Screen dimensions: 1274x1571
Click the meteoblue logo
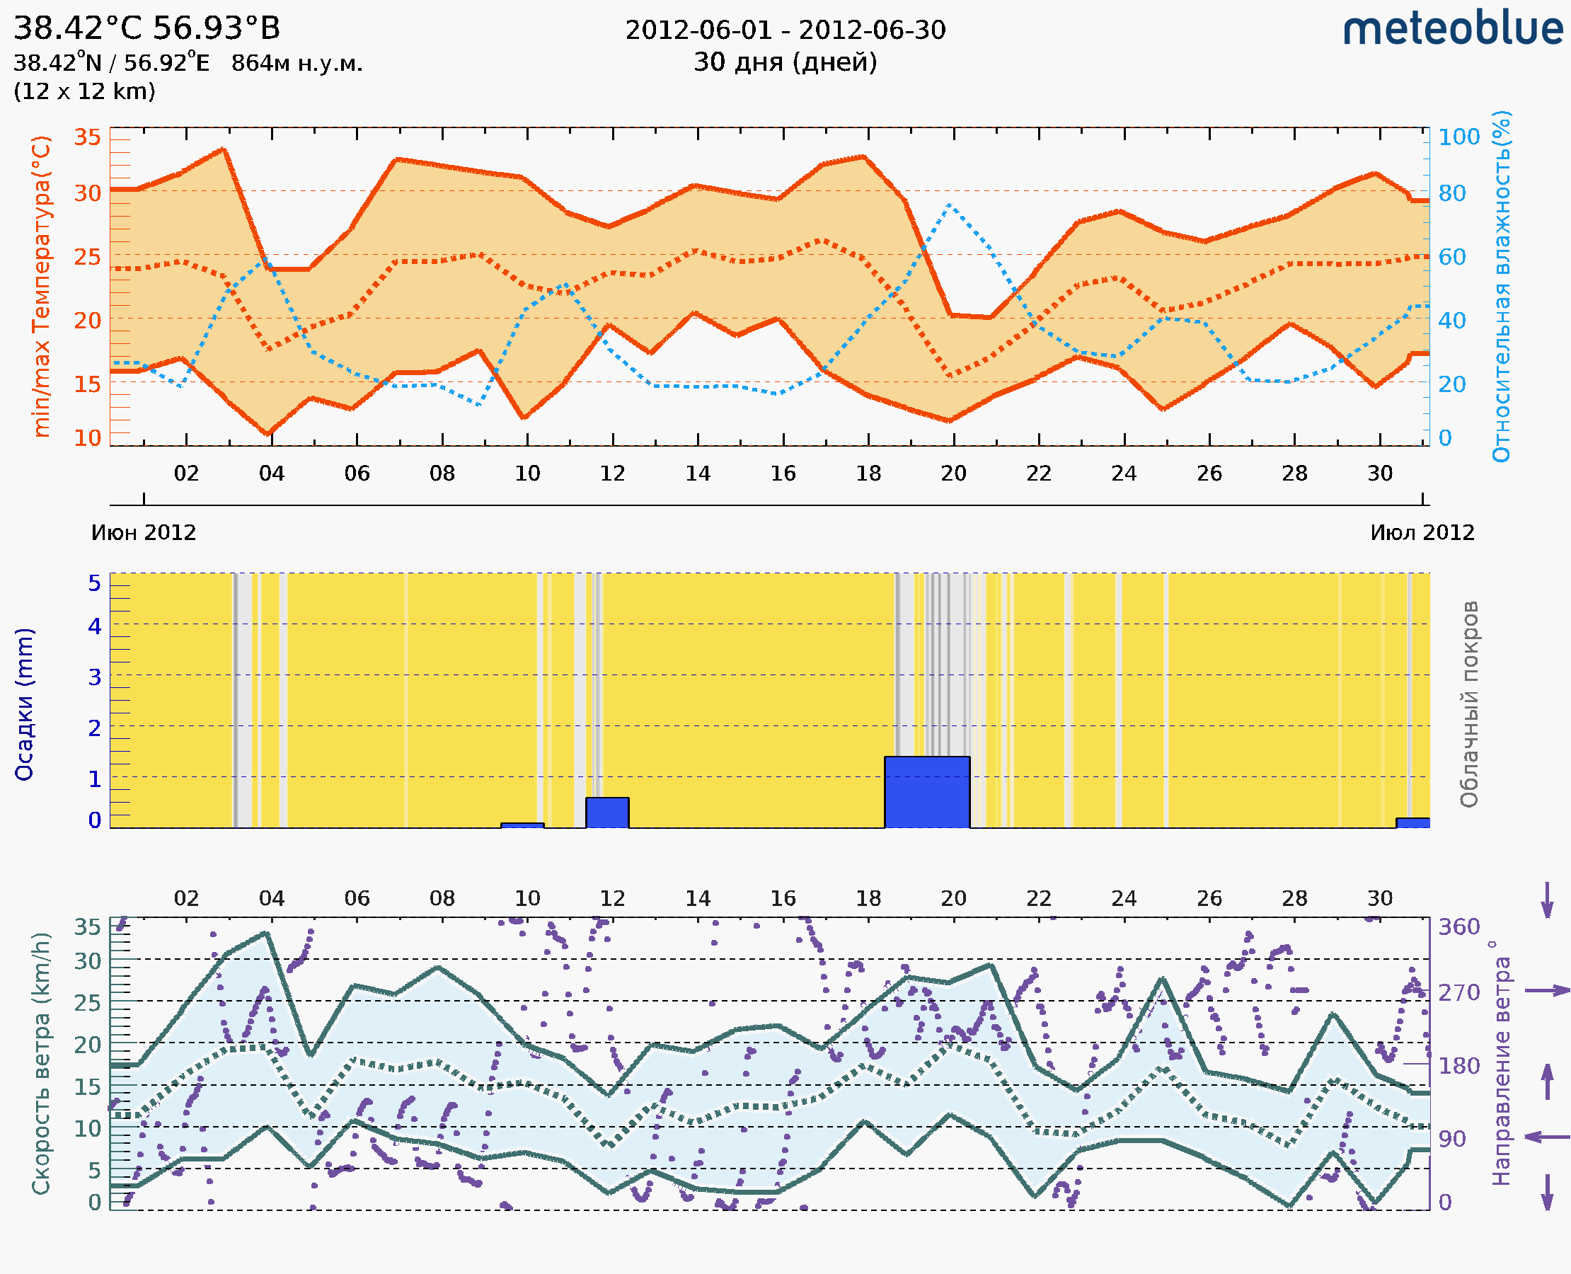[1453, 29]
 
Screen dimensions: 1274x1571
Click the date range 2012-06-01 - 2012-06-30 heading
[785, 30]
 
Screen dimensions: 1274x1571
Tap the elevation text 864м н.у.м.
[297, 64]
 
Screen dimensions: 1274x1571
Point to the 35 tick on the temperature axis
[87, 137]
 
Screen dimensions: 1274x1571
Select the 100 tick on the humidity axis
[1458, 137]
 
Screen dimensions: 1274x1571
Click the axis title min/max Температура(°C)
[42, 286]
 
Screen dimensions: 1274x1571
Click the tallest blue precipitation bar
[927, 792]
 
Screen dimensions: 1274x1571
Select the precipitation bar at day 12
[607, 813]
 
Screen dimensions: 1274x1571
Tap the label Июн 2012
[144, 533]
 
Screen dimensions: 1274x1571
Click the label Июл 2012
[1422, 533]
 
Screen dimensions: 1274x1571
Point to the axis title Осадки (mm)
[24, 704]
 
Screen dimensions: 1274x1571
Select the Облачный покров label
[1469, 704]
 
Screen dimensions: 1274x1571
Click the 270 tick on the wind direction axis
[1458, 992]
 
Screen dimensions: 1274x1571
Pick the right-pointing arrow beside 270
[1547, 991]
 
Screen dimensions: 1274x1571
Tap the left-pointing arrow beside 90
[1547, 1137]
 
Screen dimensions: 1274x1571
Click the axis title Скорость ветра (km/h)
[42, 1063]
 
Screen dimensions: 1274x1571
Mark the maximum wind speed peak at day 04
[266, 934]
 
